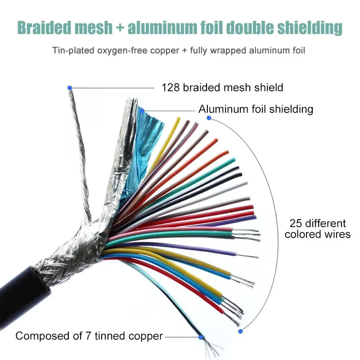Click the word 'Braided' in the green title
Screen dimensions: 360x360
(44, 27)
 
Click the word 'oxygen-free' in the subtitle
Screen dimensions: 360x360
(122, 50)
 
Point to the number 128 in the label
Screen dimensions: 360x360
(171, 87)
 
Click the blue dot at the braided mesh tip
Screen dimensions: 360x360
(70, 88)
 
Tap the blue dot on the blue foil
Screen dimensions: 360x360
(142, 111)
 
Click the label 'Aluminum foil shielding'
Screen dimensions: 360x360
(256, 109)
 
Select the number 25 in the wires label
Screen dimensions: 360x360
(295, 223)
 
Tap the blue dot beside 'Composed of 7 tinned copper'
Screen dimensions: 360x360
(201, 337)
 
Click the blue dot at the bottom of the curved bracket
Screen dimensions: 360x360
(240, 331)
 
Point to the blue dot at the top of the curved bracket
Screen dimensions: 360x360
(209, 118)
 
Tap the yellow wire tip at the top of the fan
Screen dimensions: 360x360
(178, 119)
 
